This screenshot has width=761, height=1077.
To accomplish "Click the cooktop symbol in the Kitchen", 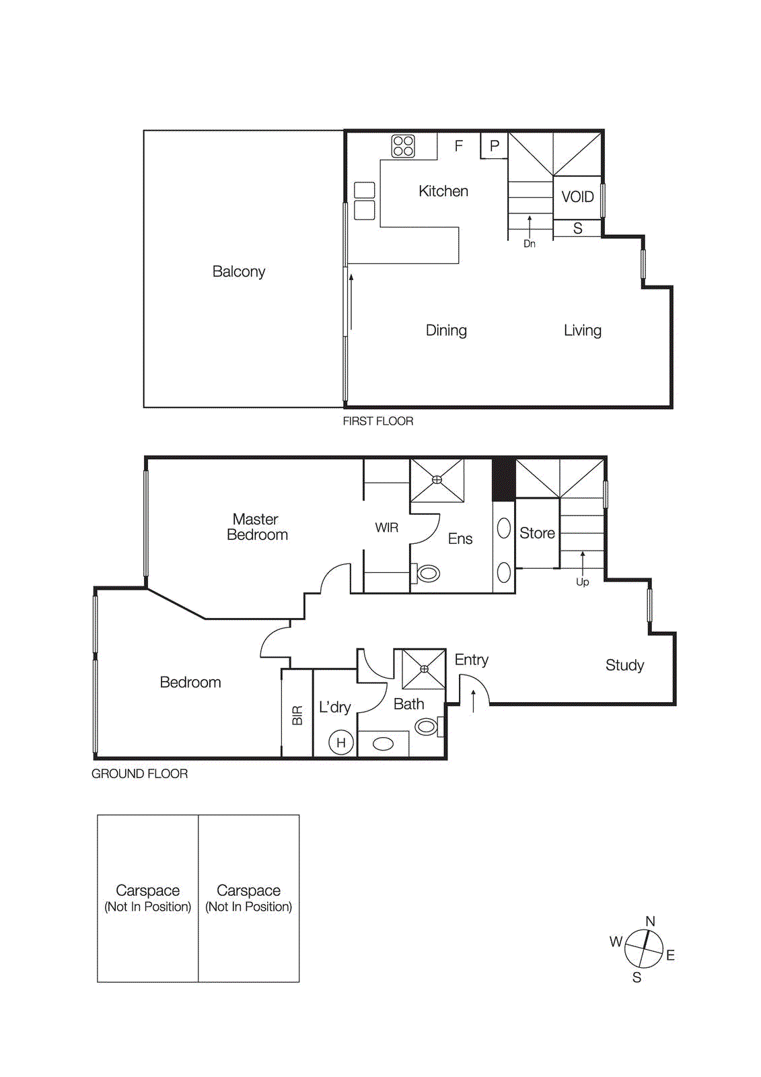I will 403,146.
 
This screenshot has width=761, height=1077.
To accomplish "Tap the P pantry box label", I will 495,145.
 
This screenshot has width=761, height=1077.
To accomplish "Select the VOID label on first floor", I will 577,197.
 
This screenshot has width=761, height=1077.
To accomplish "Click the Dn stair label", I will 530,244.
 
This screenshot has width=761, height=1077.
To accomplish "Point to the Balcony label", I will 239,271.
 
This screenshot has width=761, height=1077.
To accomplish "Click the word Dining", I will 446,331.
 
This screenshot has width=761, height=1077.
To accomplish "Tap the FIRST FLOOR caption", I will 378,421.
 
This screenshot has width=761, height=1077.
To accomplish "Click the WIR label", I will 386,528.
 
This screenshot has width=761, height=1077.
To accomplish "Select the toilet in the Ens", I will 427,574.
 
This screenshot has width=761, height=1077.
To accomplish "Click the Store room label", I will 537,533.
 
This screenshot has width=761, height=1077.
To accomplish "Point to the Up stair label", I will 582,582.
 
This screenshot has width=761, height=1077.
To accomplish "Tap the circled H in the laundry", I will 341,742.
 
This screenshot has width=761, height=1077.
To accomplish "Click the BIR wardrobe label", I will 297,715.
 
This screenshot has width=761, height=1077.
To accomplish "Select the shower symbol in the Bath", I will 424,669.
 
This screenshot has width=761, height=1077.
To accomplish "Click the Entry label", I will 471,660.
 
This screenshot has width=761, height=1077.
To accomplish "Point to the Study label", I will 624,665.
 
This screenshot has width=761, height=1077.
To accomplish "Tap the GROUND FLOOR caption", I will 139,774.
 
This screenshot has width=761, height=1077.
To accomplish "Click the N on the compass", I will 650,922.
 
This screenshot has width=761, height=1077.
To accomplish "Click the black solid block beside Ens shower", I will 503,479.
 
